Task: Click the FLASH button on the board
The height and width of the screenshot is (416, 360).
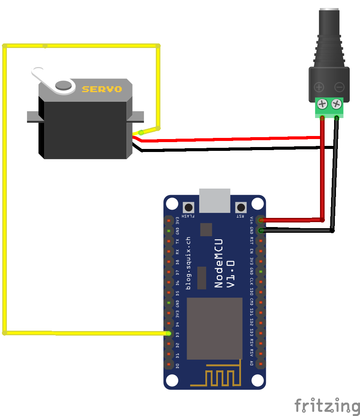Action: point(188,208)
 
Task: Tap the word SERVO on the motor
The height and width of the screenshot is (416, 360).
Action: point(102,89)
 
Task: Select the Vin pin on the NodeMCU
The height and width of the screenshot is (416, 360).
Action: point(261,220)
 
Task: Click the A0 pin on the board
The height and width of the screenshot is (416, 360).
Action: point(261,364)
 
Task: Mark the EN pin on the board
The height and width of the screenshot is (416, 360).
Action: point(261,251)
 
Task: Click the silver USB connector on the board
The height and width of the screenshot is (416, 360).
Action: point(214,200)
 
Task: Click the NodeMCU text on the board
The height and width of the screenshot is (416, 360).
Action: point(219,263)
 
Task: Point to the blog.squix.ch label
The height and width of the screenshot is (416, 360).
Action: point(188,263)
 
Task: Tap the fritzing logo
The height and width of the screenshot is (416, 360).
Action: point(327,405)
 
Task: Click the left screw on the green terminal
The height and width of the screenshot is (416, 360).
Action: point(323,104)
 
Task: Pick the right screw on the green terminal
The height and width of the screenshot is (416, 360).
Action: point(336,104)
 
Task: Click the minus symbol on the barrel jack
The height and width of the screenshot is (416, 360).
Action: point(339,88)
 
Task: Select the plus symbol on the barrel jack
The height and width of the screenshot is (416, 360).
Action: point(319,88)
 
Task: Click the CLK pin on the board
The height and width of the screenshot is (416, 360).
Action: point(261,282)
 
